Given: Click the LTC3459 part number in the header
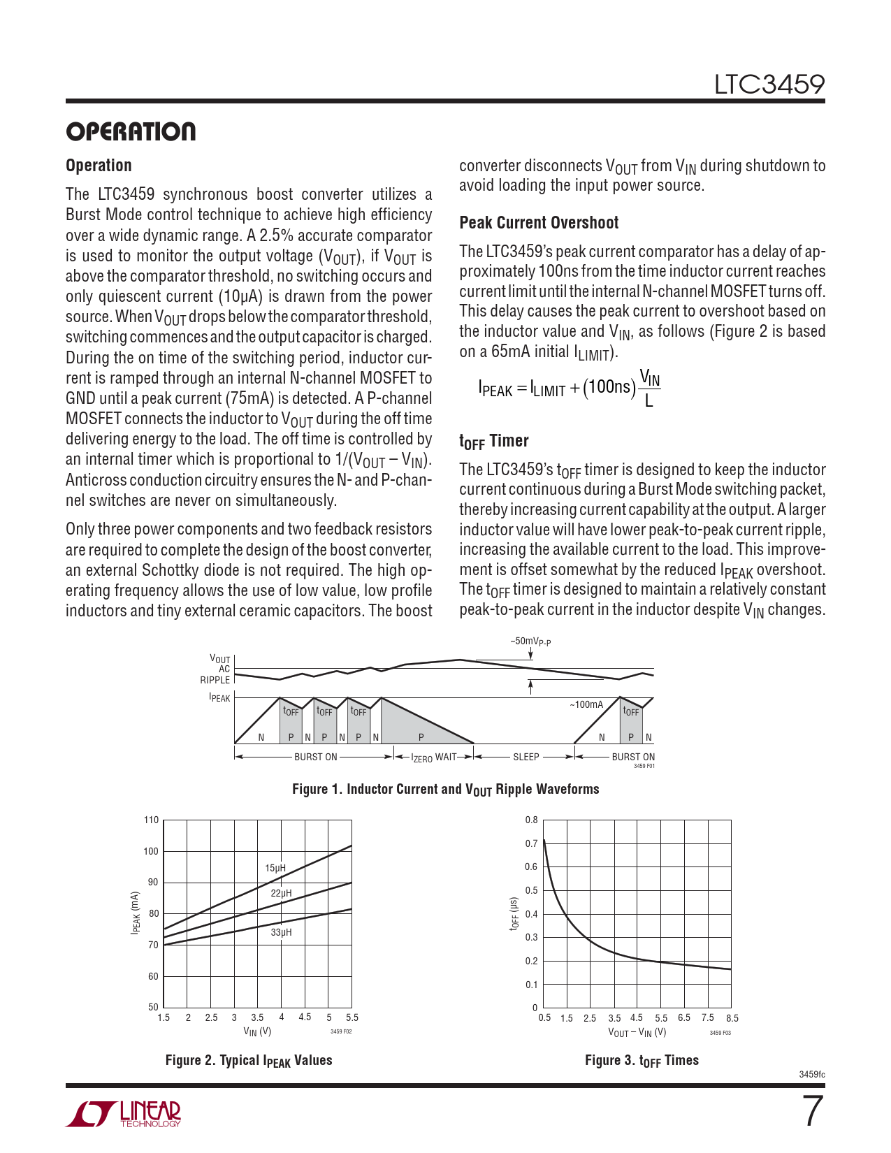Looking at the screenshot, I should tap(769, 85).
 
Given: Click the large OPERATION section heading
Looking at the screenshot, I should tap(131, 131).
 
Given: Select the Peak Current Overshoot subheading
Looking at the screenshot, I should tap(539, 223).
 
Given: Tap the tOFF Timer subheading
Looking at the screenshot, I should tap(493, 441).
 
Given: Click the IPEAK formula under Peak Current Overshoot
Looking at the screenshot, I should tap(569, 388).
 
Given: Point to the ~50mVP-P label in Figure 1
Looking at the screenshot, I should tap(530, 641).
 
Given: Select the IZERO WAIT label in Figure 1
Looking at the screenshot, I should tap(433, 757).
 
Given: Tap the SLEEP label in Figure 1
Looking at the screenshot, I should tap(526, 757).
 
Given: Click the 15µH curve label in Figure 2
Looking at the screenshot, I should tap(275, 868).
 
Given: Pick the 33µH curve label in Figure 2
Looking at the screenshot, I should tap(281, 932).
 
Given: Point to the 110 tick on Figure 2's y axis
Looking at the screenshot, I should tap(151, 820).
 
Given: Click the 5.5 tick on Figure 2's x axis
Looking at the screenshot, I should tap(352, 1017).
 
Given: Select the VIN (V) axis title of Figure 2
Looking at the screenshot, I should tap(257, 1031).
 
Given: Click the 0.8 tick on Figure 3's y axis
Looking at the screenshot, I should tap(531, 820).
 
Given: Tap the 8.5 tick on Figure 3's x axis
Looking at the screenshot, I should tap(732, 1018).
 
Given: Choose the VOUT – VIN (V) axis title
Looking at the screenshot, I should tap(637, 1032).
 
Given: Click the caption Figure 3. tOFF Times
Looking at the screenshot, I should tap(642, 1061).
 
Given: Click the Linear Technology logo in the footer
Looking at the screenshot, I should tap(124, 1114).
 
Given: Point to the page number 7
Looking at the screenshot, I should tap(812, 1112).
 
